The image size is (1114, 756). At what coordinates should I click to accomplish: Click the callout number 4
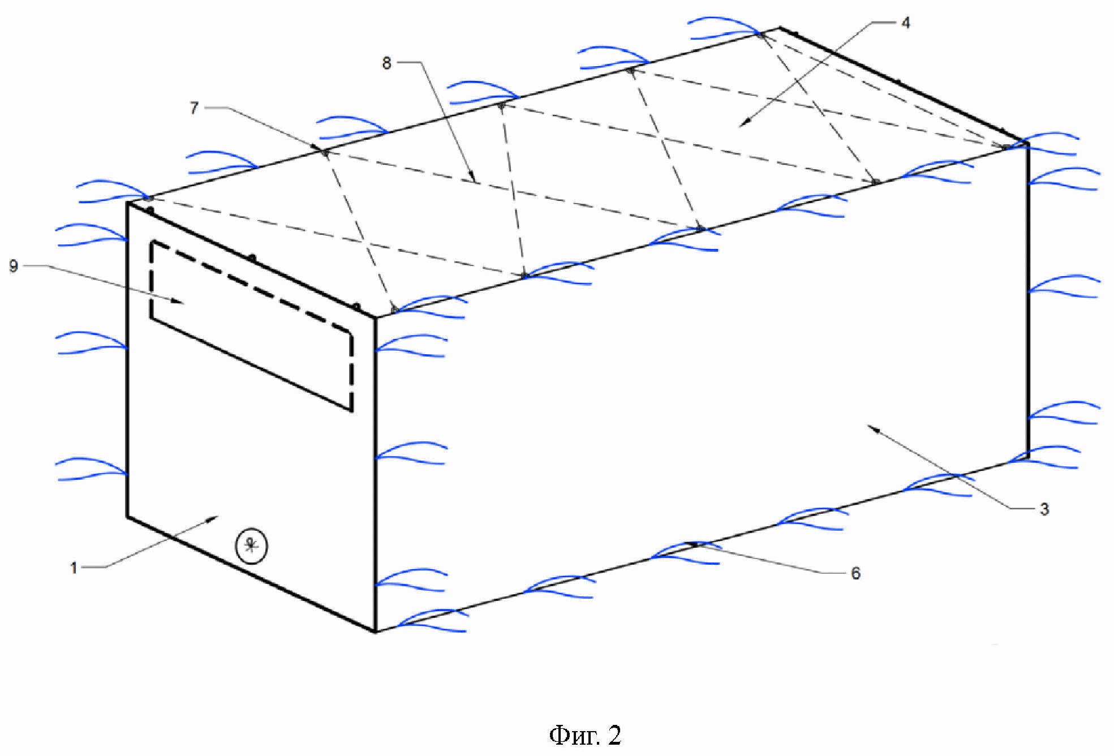pyautogui.click(x=905, y=23)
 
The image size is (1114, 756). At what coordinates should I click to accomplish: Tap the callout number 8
pyautogui.click(x=386, y=63)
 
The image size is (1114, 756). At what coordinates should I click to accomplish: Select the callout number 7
pyautogui.click(x=194, y=108)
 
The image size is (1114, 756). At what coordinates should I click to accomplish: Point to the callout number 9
pyautogui.click(x=14, y=266)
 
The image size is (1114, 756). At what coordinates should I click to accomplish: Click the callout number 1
pyautogui.click(x=74, y=568)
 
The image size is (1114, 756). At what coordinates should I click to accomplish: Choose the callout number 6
pyautogui.click(x=855, y=573)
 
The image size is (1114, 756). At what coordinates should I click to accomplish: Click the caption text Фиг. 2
pyautogui.click(x=585, y=735)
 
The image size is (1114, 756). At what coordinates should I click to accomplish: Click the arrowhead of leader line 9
pyautogui.click(x=184, y=303)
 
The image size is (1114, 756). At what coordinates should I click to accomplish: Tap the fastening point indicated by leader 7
pyautogui.click(x=324, y=152)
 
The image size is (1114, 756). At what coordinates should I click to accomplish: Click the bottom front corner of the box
pyautogui.click(x=376, y=632)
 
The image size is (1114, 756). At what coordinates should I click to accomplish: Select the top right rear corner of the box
pyautogui.click(x=779, y=27)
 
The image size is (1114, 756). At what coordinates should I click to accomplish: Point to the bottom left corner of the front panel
pyautogui.click(x=127, y=516)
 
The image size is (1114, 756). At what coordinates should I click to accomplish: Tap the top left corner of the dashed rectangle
pyautogui.click(x=152, y=243)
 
